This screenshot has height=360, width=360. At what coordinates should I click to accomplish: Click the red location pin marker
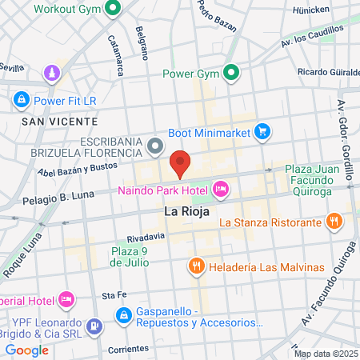180,163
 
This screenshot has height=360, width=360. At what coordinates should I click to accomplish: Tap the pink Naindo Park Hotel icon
221,190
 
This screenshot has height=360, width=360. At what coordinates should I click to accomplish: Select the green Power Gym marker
233,74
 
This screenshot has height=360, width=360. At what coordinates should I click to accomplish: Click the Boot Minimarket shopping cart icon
262,132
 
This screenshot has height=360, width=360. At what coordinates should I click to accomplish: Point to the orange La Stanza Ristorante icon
334,221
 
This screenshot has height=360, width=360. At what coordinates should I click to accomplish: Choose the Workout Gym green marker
113,9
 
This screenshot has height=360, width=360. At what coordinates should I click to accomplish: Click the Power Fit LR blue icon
22,101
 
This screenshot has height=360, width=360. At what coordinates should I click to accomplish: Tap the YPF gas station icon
94,326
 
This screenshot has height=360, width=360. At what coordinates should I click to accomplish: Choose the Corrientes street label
129,349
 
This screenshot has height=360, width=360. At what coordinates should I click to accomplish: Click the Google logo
26,350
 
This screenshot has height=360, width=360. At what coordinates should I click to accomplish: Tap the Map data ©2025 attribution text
323,354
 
